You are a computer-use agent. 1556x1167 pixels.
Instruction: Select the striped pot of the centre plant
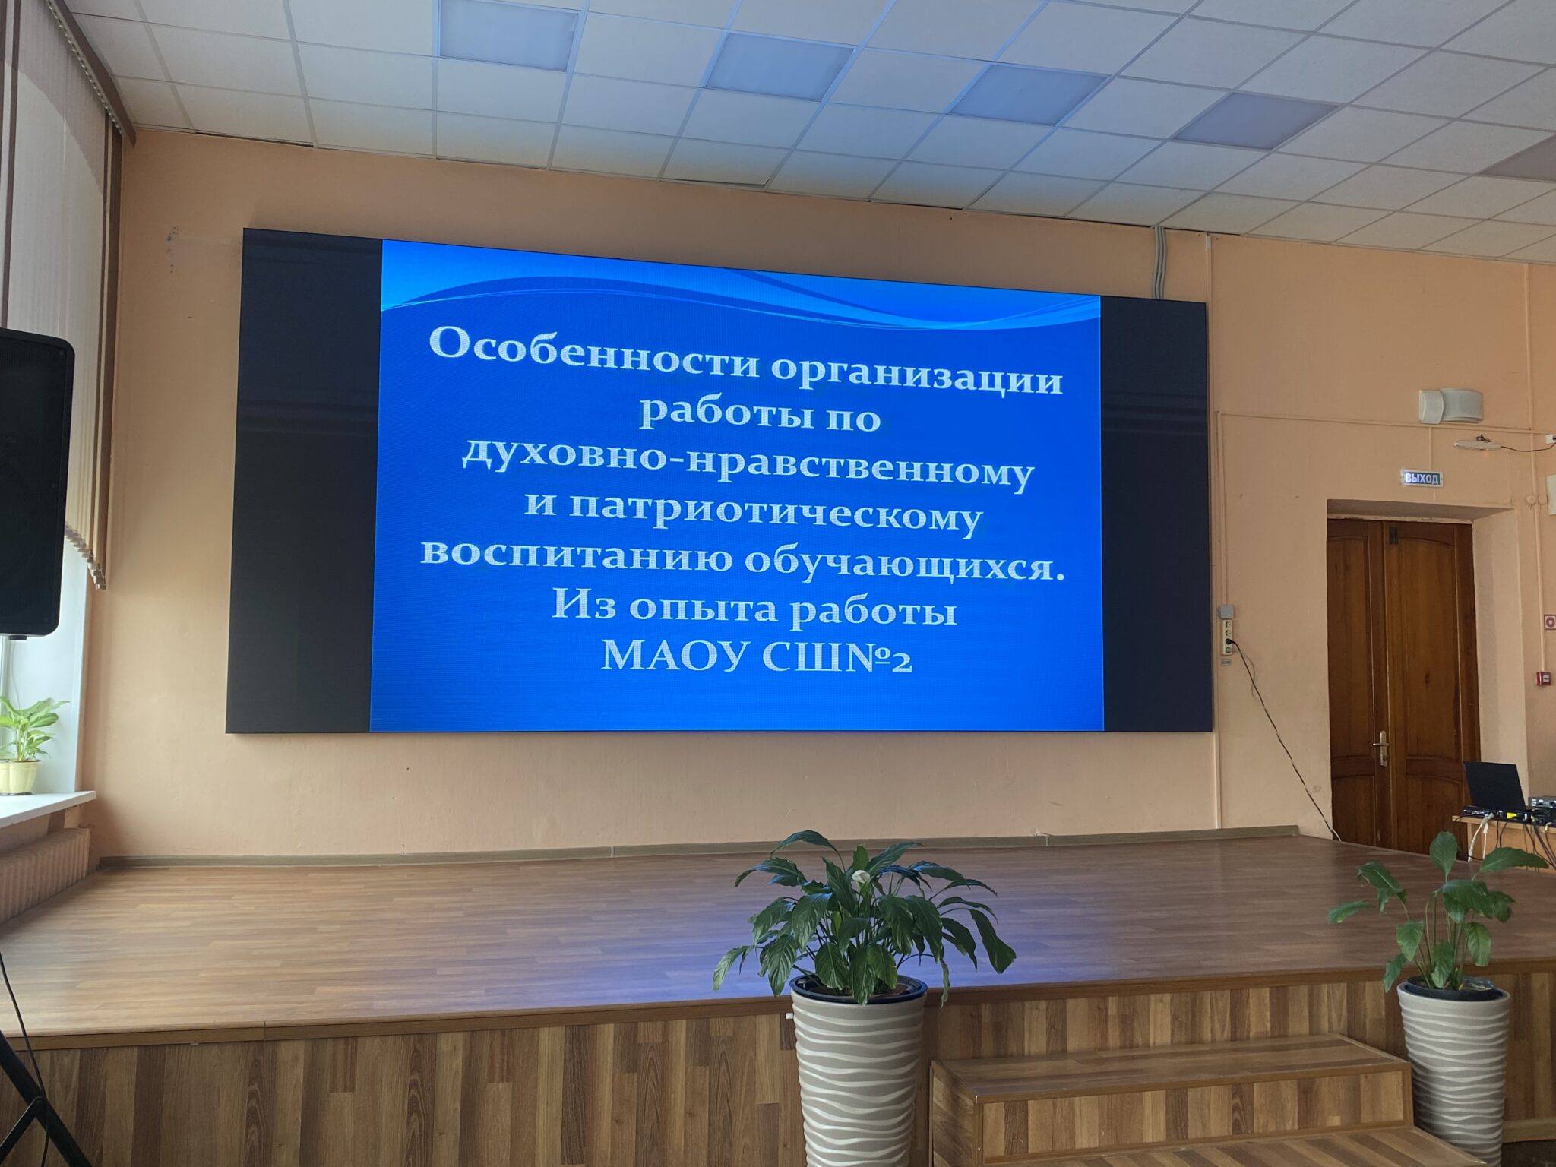coord(859,1071)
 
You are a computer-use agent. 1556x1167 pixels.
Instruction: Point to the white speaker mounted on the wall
coord(1451,405)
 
